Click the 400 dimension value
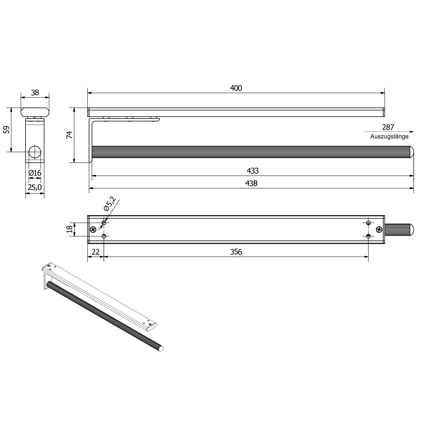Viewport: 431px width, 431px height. click(236, 88)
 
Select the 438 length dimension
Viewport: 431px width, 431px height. click(251, 183)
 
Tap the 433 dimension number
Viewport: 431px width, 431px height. click(252, 171)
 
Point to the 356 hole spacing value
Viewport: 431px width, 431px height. click(236, 252)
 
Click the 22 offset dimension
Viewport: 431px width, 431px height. click(96, 252)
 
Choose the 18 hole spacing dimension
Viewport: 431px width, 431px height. click(69, 229)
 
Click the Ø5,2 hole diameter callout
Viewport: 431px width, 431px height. click(109, 204)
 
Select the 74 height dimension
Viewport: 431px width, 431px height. click(69, 135)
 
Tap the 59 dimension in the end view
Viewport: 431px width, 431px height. click(7, 130)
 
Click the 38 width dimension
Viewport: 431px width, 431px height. click(35, 93)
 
